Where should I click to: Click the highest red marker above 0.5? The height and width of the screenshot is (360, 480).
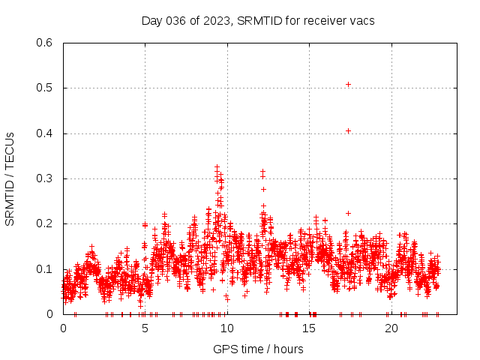click(x=348, y=84)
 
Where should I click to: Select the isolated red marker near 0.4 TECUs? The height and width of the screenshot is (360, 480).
click(x=348, y=130)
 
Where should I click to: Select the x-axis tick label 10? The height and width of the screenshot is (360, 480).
click(x=227, y=328)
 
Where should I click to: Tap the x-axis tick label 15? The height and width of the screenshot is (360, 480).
click(x=309, y=328)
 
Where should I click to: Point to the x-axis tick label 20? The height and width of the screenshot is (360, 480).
click(x=391, y=328)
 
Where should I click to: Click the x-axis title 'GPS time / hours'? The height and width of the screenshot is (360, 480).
click(x=258, y=349)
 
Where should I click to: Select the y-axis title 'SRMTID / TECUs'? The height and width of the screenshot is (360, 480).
click(x=10, y=178)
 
